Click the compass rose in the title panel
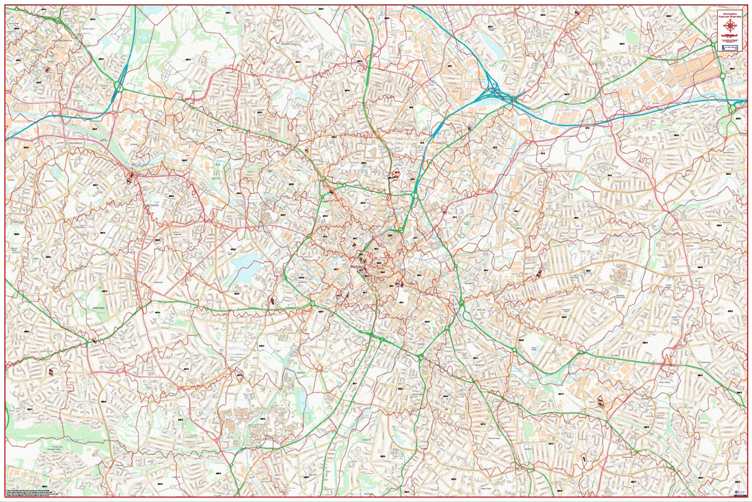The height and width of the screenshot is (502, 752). tap(731, 25)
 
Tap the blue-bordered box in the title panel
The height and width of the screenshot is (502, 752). tap(731, 48)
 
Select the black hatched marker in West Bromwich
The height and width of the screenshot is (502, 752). tap(48, 69)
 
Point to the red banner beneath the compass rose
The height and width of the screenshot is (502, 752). tap(731, 34)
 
